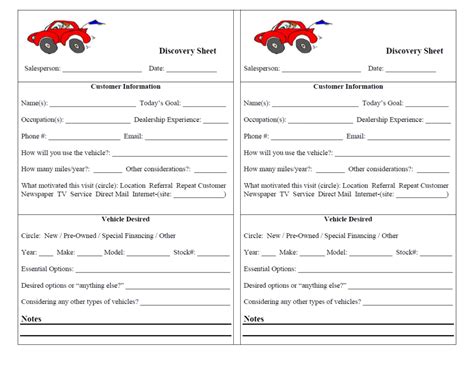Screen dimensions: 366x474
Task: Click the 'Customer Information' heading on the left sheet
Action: click(x=126, y=86)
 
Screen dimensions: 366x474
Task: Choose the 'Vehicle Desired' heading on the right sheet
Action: click(x=348, y=219)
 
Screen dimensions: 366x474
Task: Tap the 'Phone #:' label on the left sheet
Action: click(x=34, y=135)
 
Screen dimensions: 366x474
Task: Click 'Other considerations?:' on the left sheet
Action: click(x=163, y=169)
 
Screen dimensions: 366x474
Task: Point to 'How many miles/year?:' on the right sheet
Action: click(x=279, y=169)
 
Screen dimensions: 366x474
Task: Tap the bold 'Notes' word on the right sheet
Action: click(x=253, y=319)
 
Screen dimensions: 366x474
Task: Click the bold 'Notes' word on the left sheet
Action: click(x=31, y=319)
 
